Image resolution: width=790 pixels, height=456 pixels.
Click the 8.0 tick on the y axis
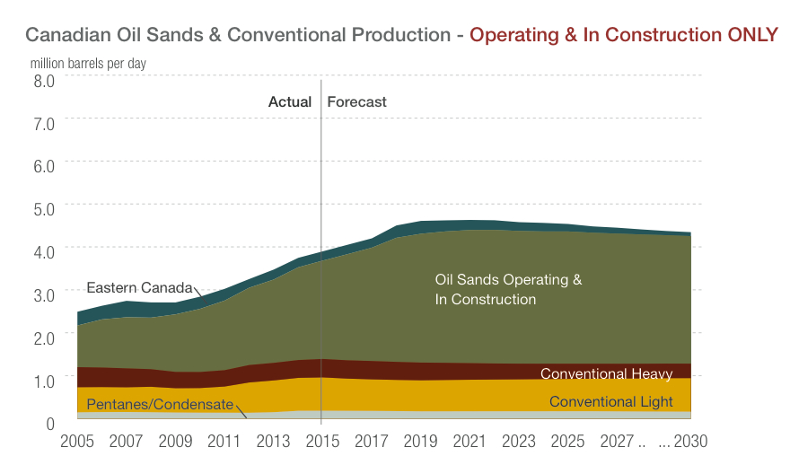(x=44, y=79)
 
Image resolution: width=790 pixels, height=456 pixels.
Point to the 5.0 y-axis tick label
(x=44, y=207)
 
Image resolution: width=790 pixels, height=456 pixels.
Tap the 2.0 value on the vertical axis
(x=44, y=336)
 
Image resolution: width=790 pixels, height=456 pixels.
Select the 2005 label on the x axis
(x=77, y=442)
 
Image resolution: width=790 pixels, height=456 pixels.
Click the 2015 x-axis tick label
(x=320, y=442)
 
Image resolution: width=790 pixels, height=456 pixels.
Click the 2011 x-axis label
(x=223, y=442)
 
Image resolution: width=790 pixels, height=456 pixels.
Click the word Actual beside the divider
(x=290, y=101)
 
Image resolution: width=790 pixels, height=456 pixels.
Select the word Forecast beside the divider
(x=356, y=101)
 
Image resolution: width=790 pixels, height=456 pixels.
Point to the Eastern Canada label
(x=139, y=288)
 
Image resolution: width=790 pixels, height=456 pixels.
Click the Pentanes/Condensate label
(x=160, y=405)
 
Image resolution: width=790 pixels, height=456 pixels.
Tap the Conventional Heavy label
(x=606, y=373)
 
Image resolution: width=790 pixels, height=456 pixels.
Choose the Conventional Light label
(x=610, y=401)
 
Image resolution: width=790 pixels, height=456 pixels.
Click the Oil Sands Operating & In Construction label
(x=508, y=289)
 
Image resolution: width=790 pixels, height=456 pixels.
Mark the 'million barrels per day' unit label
(x=88, y=64)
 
